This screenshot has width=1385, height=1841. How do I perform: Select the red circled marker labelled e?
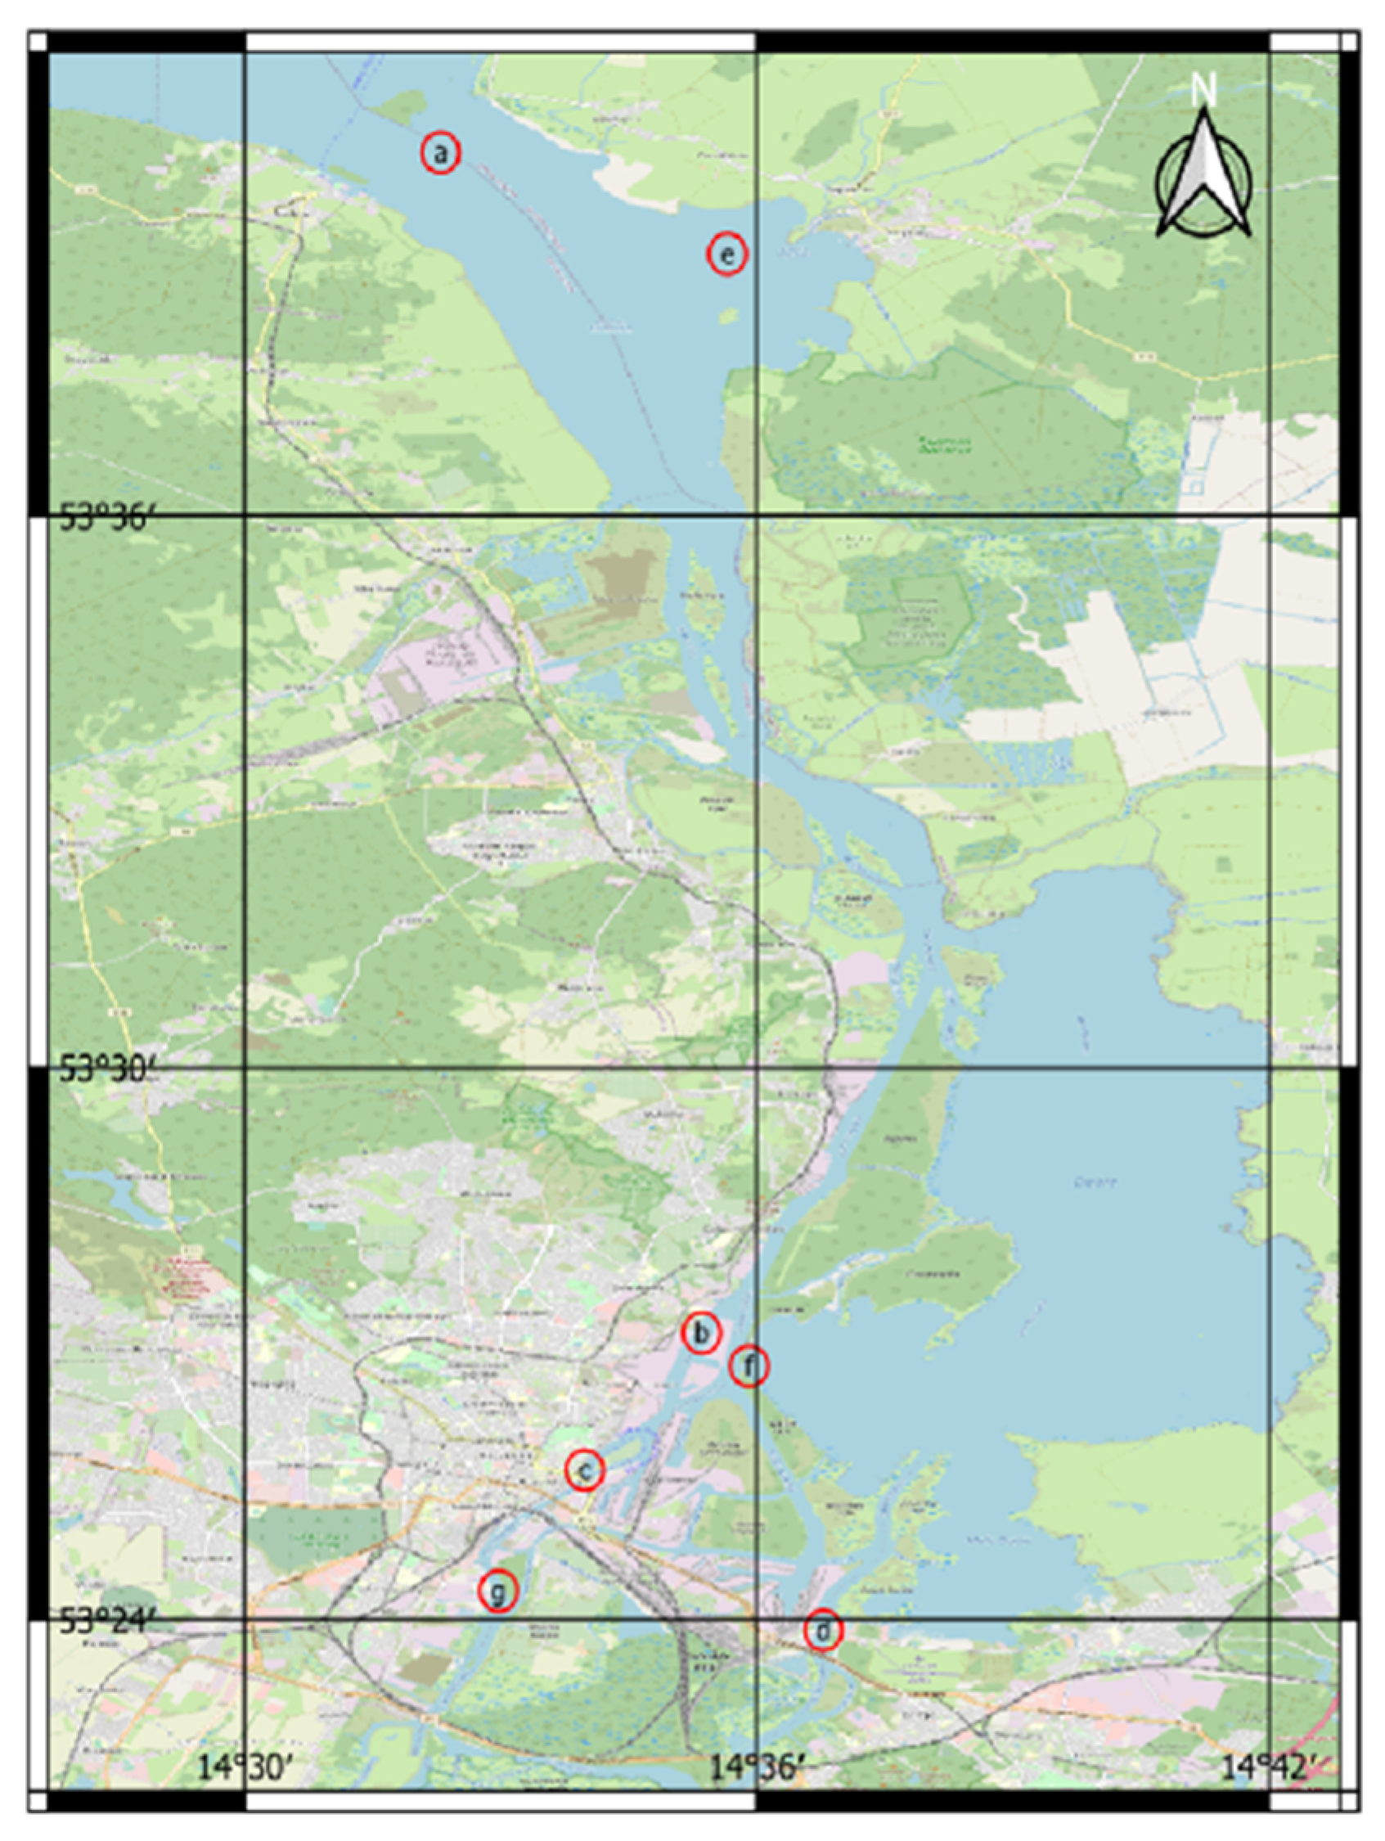(x=726, y=254)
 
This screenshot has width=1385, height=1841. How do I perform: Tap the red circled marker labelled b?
(x=701, y=1333)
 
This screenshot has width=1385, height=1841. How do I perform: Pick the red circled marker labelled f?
(x=749, y=1366)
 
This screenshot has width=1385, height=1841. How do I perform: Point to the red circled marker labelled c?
(x=584, y=1470)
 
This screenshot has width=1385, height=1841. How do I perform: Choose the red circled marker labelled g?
(x=497, y=1591)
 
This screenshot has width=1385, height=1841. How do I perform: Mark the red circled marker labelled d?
(x=823, y=1631)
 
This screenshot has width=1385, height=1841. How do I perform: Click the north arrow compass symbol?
(x=1203, y=179)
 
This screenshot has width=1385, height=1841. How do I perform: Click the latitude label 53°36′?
(x=106, y=518)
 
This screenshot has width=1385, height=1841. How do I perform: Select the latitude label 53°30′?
(x=106, y=1069)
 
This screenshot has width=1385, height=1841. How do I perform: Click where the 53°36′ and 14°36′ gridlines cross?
(x=756, y=515)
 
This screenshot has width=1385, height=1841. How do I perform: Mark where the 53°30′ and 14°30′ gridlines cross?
(x=245, y=1067)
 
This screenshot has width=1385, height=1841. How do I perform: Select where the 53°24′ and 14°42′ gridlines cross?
(x=1270, y=1618)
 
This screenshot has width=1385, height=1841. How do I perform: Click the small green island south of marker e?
(x=727, y=316)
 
